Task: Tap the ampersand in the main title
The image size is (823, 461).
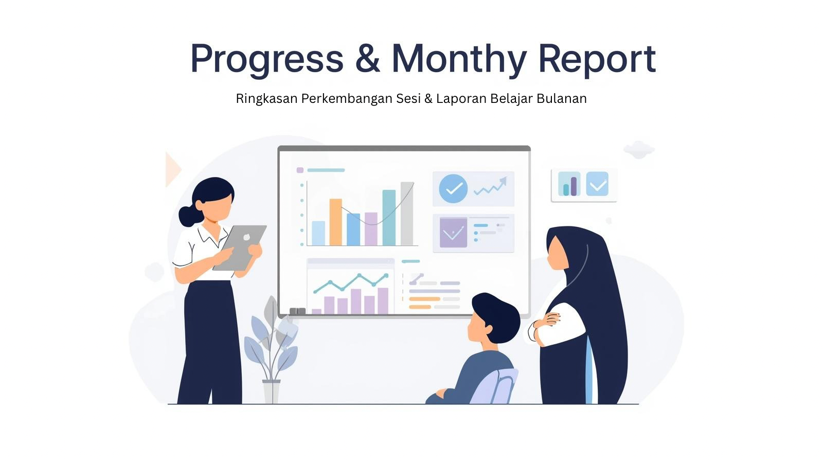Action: coord(367,59)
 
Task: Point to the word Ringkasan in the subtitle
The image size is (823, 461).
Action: coord(266,98)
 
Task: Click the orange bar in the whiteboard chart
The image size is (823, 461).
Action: coord(335,222)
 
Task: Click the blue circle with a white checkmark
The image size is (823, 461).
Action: coord(453,189)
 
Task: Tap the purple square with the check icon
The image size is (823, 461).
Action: coord(453,233)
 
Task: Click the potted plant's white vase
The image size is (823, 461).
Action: coord(271,392)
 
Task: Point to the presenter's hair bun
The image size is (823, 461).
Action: coord(190,216)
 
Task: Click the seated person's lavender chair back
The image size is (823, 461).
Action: coord(495,386)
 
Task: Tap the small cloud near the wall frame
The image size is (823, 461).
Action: coord(639,149)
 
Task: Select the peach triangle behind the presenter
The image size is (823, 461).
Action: coord(173,169)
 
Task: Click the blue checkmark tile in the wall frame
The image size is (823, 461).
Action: coord(597,184)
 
